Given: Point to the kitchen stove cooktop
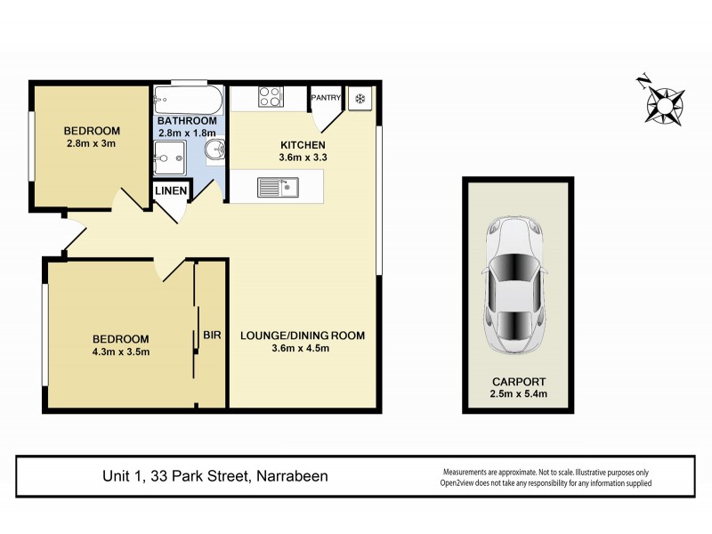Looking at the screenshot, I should pyautogui.click(x=270, y=96).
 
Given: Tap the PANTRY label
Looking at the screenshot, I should pyautogui.click(x=325, y=98).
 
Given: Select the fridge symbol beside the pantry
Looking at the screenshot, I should pyautogui.click(x=361, y=98).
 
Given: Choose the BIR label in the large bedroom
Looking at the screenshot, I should pyautogui.click(x=212, y=336).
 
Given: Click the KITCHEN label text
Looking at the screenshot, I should pyautogui.click(x=303, y=146).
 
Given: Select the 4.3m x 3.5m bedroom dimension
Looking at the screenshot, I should pyautogui.click(x=121, y=351).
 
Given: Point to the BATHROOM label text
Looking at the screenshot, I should pyautogui.click(x=187, y=121).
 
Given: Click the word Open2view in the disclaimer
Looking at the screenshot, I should pyautogui.click(x=463, y=483).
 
